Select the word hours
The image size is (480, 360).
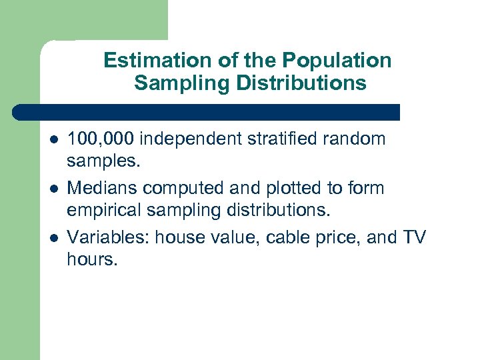tap(91, 259)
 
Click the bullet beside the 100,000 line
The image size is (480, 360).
tap(53, 140)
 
